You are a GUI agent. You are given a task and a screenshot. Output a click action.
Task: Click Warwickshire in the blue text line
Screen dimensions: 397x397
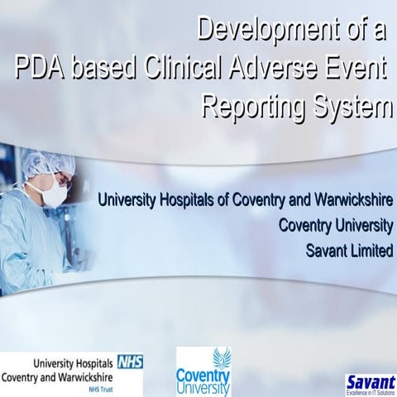351,201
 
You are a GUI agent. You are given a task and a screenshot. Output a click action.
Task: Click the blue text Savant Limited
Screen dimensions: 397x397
349,251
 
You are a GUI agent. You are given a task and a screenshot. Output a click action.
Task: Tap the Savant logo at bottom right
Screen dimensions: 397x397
370,380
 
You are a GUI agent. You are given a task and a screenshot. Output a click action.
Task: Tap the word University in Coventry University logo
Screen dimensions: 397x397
203,387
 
